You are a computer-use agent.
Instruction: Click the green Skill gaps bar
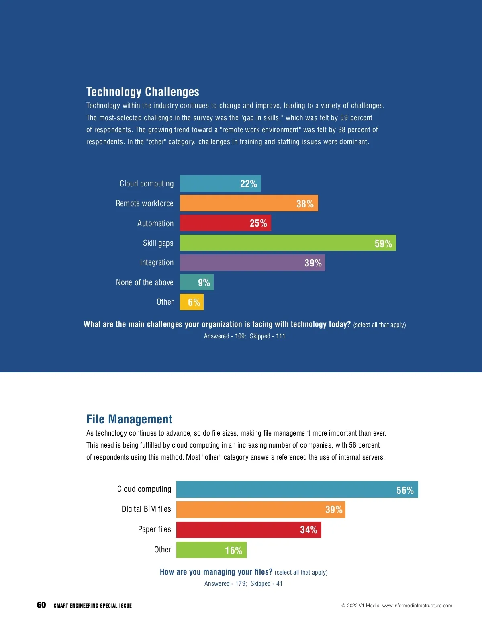[288, 243]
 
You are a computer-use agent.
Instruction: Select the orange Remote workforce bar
[249, 203]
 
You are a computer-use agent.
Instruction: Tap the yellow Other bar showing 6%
[192, 302]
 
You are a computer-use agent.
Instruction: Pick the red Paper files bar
[249, 530]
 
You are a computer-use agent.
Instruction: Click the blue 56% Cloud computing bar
[297, 489]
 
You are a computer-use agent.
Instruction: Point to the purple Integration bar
[252, 262]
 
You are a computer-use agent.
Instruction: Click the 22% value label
[248, 184]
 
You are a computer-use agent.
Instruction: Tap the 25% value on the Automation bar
[258, 223]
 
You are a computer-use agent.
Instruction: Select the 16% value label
[233, 550]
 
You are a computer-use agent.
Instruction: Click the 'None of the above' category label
[145, 282]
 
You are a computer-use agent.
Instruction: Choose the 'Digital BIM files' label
[146, 509]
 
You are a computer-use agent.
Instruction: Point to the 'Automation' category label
[155, 223]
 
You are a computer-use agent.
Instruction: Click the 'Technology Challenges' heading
[143, 92]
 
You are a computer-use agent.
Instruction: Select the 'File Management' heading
[129, 419]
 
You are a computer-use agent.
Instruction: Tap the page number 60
[41, 605]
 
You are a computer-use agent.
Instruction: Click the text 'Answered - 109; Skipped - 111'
[245, 336]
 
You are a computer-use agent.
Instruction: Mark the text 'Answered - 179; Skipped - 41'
[243, 583]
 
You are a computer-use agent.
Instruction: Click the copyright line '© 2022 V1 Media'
[396, 606]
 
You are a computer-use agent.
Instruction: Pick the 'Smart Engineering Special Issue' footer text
[93, 606]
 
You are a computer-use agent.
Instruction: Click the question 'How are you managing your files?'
[216, 572]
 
